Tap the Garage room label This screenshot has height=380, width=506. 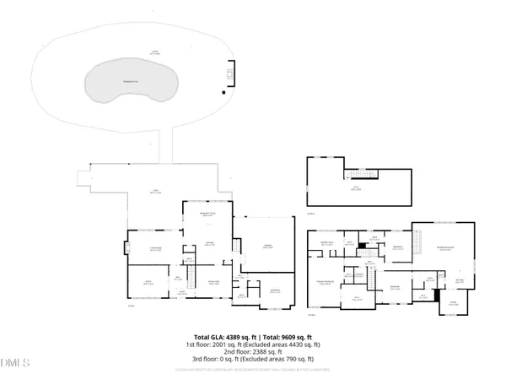pyautogui.click(x=266, y=246)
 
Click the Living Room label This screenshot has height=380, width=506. pyautogui.click(x=155, y=247)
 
